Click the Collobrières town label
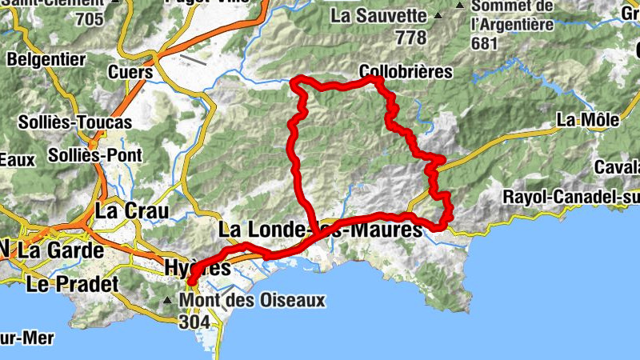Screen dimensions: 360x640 [x=406, y=72]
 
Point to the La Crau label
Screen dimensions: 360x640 [x=132, y=211]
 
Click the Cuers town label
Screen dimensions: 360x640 [x=130, y=72]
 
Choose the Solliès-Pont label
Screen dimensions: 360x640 [x=95, y=154]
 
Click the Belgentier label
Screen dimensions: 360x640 [x=46, y=59]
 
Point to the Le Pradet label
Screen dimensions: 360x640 [x=72, y=283]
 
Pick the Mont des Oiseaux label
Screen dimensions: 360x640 [x=254, y=301]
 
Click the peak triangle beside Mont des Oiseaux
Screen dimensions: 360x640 [x=167, y=302]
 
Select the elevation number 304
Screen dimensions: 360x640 [x=195, y=321]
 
